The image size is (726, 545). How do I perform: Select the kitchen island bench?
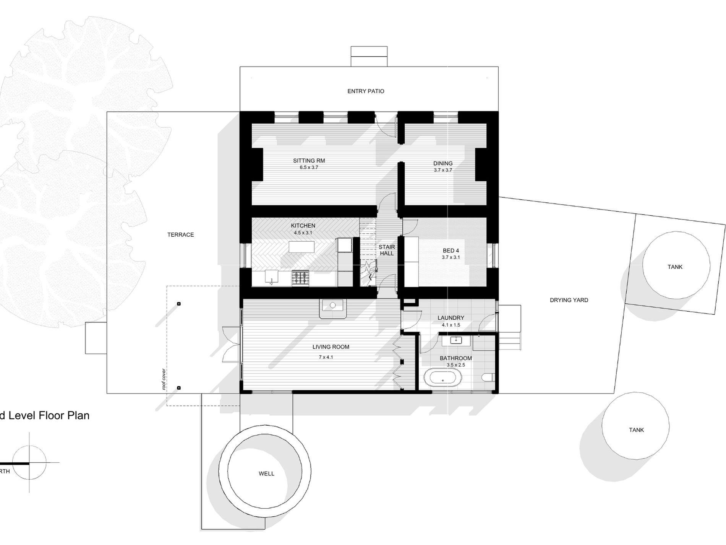[x=301, y=247]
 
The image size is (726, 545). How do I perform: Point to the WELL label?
[x=266, y=473]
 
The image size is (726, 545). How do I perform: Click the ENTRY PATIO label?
[x=366, y=91]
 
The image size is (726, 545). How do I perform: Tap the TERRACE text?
[x=180, y=234]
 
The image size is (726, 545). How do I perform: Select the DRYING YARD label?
[x=569, y=300]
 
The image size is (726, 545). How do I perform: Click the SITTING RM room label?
[x=309, y=161]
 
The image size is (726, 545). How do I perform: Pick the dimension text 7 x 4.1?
[x=326, y=357]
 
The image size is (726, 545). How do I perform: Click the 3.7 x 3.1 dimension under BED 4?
[x=451, y=257]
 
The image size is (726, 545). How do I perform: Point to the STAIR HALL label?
[x=387, y=250]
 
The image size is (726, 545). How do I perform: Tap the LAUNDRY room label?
[x=451, y=317]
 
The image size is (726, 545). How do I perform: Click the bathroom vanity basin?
[x=456, y=340]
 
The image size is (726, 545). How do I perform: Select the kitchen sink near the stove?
[x=271, y=278]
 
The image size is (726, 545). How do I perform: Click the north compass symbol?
[x=29, y=462]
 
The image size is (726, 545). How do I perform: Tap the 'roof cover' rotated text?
[x=164, y=379]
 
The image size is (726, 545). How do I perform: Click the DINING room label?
[x=443, y=163]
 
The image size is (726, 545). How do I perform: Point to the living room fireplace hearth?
[x=333, y=308]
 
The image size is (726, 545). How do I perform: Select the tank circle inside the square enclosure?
[x=676, y=266]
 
